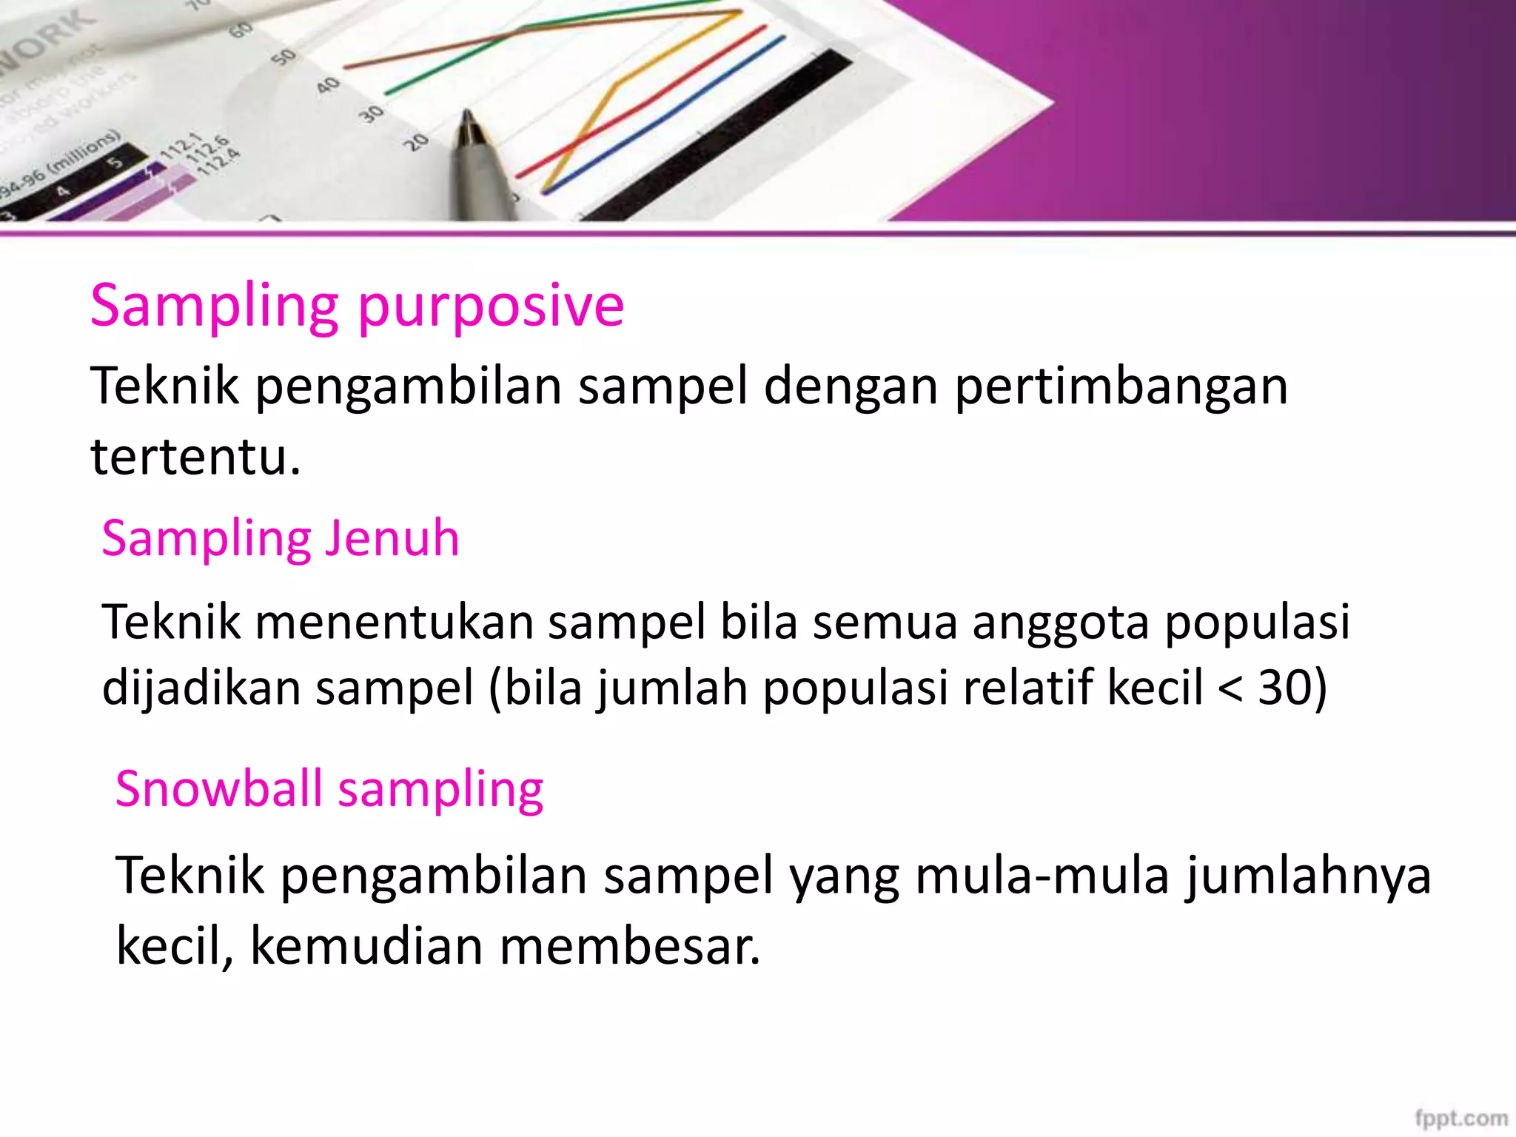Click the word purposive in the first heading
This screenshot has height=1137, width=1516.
491,306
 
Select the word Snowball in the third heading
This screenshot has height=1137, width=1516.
218,788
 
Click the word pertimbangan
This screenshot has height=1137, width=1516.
1121,386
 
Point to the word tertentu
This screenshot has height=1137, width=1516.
195,456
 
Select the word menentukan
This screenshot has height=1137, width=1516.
395,622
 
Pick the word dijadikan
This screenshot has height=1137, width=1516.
201,687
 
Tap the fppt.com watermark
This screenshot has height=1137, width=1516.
1460,1118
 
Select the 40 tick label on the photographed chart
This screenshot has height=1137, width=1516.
328,85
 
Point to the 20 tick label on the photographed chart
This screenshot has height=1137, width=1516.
417,141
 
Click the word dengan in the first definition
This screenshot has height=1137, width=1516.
851,386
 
